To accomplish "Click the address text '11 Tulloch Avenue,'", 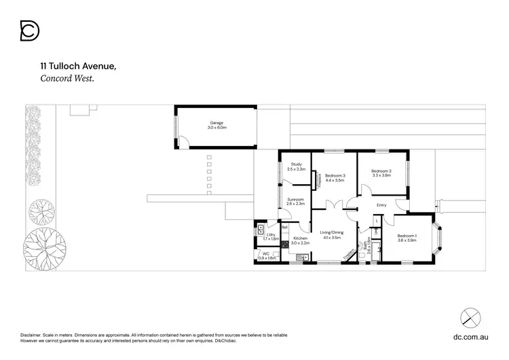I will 78,67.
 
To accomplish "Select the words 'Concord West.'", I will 67,78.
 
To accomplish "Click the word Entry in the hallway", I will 381,205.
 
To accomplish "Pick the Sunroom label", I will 295,201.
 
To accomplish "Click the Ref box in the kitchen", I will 285,227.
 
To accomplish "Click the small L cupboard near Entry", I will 376,221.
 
